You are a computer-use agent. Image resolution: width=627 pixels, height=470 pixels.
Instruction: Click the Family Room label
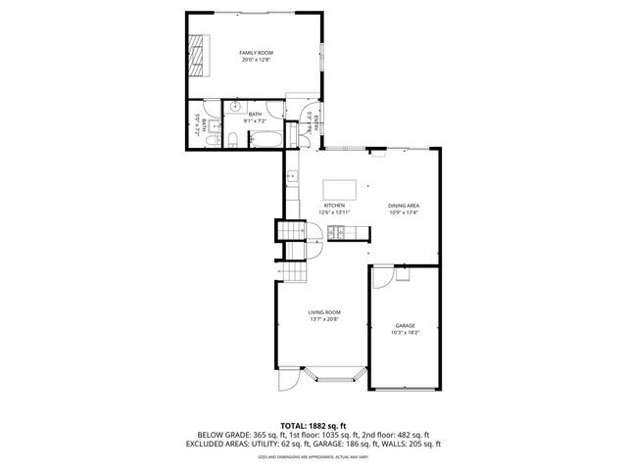[x=258, y=52]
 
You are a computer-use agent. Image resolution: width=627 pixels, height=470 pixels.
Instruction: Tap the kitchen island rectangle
[x=340, y=189]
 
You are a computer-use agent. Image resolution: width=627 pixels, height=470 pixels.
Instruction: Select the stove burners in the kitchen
[x=336, y=232]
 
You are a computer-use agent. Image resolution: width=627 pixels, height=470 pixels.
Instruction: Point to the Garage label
[x=405, y=325]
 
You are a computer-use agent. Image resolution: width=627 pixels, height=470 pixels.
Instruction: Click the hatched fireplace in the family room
[x=199, y=56]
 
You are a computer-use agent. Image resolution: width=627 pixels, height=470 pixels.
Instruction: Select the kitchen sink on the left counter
[x=291, y=177]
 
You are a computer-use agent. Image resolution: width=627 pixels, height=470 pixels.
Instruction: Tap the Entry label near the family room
[x=313, y=123]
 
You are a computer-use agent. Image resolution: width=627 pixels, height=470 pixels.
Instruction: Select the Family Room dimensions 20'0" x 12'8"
[x=258, y=60]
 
